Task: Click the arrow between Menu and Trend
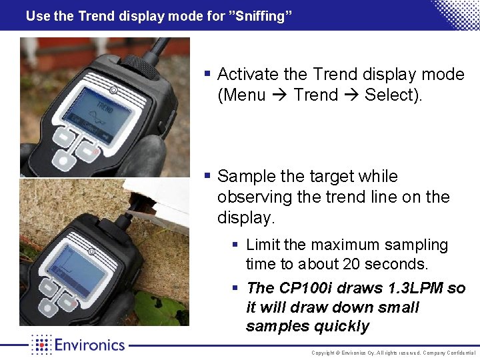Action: tap(283, 95)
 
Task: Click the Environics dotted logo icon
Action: tap(41, 345)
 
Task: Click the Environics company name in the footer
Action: tap(89, 345)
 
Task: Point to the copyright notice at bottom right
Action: tap(393, 353)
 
